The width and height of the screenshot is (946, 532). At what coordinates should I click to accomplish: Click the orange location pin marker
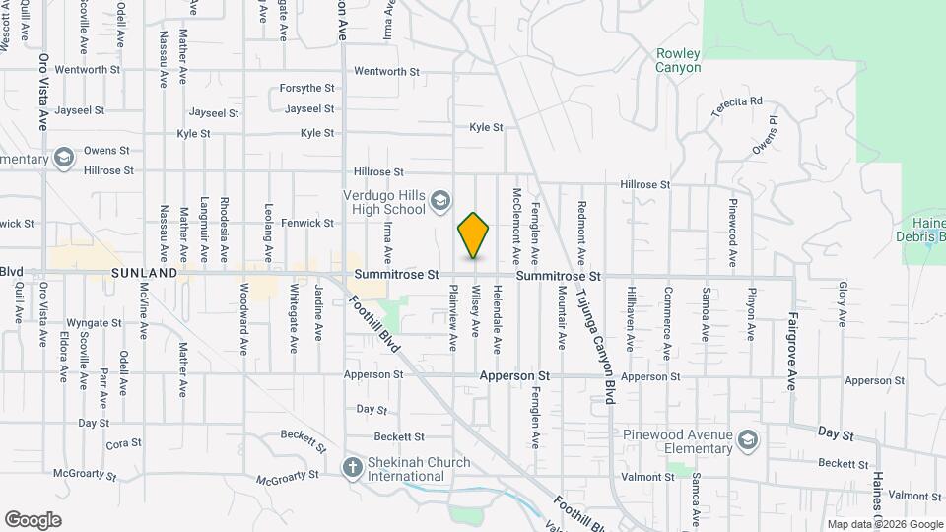pyautogui.click(x=474, y=235)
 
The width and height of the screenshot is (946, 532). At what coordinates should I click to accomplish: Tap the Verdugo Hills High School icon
pyautogui.click(x=439, y=202)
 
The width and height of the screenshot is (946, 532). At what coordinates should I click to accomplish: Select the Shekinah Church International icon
pyautogui.click(x=353, y=467)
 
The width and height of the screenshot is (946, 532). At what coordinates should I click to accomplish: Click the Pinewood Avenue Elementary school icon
pyautogui.click(x=748, y=439)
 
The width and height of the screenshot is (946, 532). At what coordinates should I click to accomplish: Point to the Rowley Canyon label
pyautogui.click(x=679, y=60)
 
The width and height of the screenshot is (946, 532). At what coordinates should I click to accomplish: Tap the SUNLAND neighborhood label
pyautogui.click(x=144, y=272)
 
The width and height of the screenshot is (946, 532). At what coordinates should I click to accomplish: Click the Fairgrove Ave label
pyautogui.click(x=791, y=352)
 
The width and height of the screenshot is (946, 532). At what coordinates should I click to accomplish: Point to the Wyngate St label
pyautogui.click(x=94, y=323)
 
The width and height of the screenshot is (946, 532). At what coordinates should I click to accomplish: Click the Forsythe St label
pyautogui.click(x=307, y=88)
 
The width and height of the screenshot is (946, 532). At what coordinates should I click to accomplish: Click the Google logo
pyautogui.click(x=33, y=519)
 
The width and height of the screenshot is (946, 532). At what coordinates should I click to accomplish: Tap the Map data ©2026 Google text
pyautogui.click(x=883, y=524)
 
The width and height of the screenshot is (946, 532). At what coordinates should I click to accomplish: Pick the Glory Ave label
pyautogui.click(x=843, y=304)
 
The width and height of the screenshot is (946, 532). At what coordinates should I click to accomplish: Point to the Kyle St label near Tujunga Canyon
pyautogui.click(x=486, y=127)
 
